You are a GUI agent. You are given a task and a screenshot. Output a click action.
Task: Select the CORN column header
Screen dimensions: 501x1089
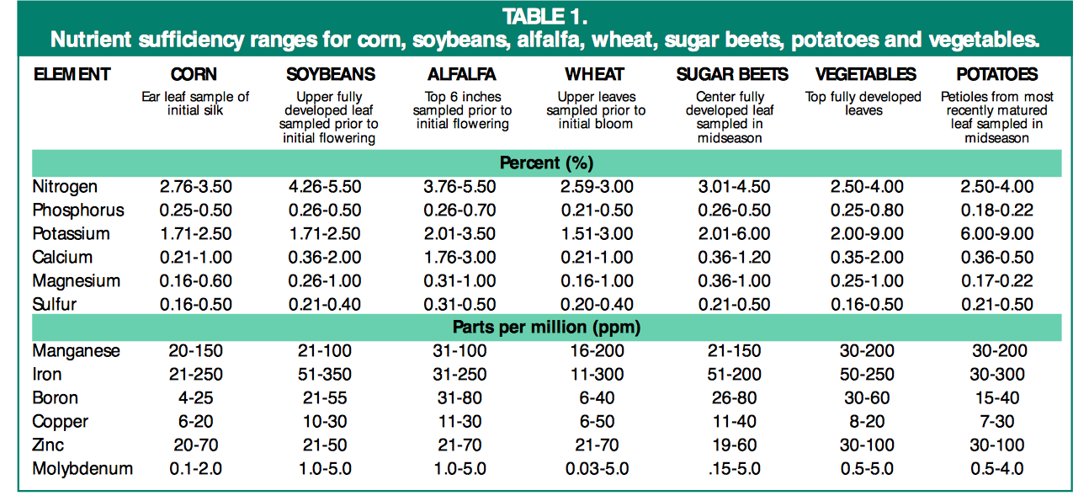[x=195, y=75]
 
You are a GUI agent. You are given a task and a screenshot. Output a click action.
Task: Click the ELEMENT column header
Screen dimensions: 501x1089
[x=72, y=75]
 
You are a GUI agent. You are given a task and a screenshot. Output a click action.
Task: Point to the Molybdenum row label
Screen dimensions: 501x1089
[x=82, y=469]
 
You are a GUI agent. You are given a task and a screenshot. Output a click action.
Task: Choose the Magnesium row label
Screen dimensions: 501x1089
[x=76, y=281]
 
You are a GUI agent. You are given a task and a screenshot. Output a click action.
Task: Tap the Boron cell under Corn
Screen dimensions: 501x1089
[x=195, y=398]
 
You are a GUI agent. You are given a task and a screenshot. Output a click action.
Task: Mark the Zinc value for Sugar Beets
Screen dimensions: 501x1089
[x=730, y=445]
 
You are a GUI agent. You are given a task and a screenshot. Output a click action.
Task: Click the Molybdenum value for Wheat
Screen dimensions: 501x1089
[x=596, y=469]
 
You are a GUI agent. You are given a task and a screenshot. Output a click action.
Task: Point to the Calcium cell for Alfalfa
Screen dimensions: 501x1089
[x=460, y=258]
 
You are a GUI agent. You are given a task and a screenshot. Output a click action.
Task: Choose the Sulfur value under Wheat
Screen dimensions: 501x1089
[x=596, y=305]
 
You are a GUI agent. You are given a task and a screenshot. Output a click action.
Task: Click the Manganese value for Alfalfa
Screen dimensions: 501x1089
[x=460, y=351]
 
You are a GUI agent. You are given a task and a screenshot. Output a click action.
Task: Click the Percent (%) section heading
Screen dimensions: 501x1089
[x=546, y=163]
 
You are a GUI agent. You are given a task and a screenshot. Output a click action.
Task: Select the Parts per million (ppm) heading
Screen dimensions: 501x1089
[x=546, y=327]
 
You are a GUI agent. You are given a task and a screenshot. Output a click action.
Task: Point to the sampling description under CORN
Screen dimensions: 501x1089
[x=195, y=104]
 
